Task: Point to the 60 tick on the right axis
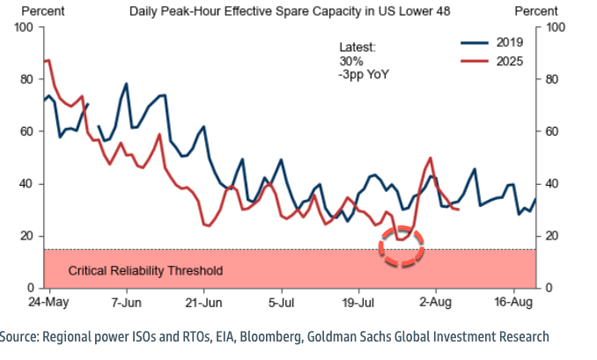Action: [554, 131]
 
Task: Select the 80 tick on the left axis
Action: [26, 79]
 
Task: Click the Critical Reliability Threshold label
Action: [145, 270]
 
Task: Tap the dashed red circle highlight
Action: [402, 245]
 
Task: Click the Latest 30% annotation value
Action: [350, 61]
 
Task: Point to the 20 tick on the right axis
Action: [554, 236]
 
